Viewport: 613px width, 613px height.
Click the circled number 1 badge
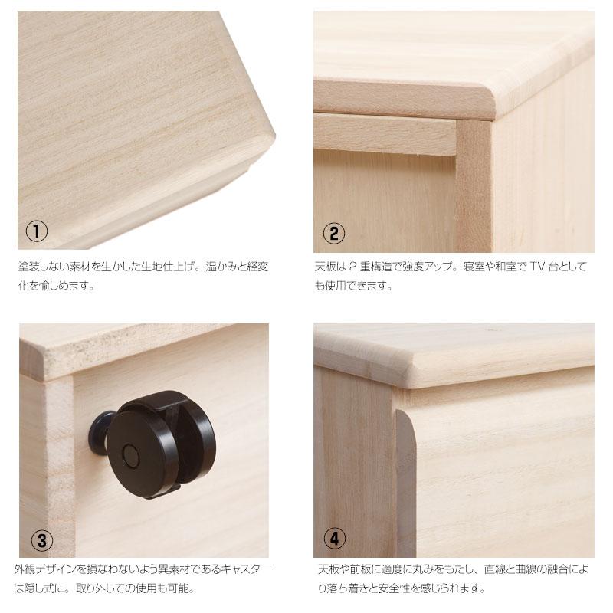(x=36, y=231)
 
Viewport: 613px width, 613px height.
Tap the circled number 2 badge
(x=333, y=233)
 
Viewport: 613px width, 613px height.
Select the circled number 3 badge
(x=41, y=541)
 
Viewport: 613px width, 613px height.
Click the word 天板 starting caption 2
(x=325, y=267)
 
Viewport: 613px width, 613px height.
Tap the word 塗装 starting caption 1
(x=29, y=267)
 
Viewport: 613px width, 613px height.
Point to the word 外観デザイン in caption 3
(x=46, y=571)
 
